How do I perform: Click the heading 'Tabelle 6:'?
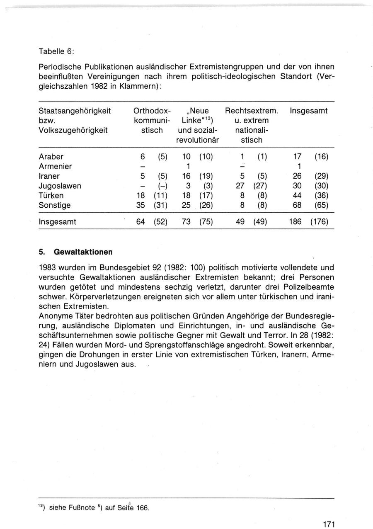tap(56, 51)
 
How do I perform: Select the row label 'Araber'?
tap(51, 157)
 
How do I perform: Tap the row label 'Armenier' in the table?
tap(55, 166)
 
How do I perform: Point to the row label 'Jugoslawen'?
tap(60, 186)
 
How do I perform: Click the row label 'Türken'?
tap(51, 195)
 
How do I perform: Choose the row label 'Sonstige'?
tap(55, 205)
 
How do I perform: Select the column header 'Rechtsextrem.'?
tap(251, 111)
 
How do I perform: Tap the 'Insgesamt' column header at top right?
tap(309, 111)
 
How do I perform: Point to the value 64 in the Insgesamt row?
tap(140, 222)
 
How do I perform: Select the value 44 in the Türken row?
tap(297, 195)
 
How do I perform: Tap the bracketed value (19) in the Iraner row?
tap(206, 176)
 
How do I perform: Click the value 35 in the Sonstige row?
tap(140, 205)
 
